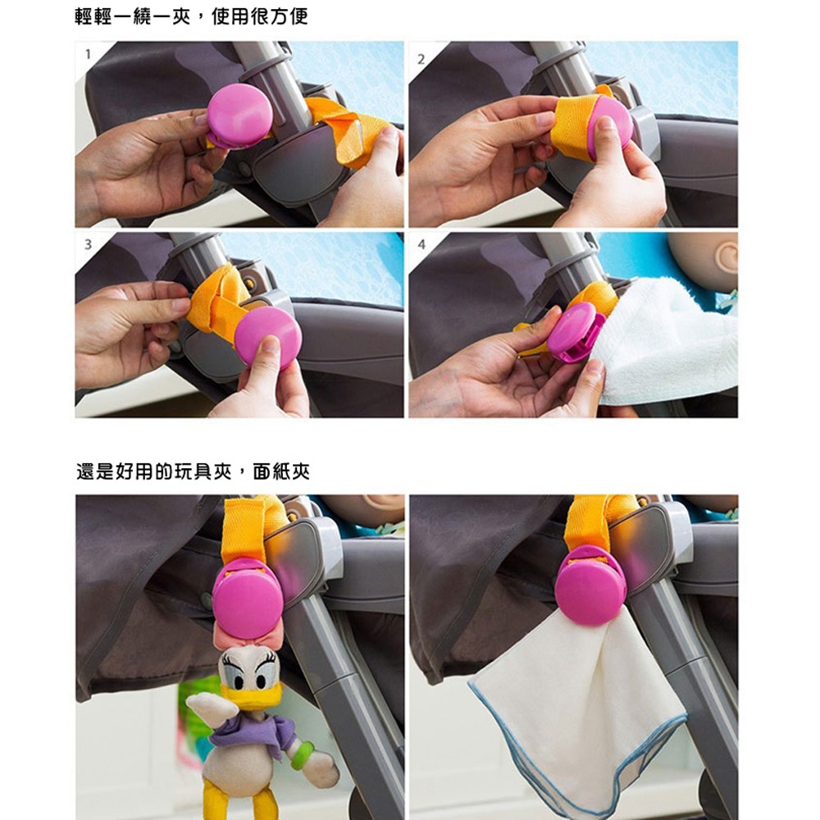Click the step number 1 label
[88, 54]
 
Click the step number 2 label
[421, 60]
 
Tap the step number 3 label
[88, 244]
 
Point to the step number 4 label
[421, 244]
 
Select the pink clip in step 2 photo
[609, 127]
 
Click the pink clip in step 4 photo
[576, 333]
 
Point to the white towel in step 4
[669, 340]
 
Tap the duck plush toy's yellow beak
[250, 695]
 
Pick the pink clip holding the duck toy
[247, 597]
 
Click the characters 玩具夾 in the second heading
[203, 471]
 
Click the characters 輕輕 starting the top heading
[93, 16]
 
